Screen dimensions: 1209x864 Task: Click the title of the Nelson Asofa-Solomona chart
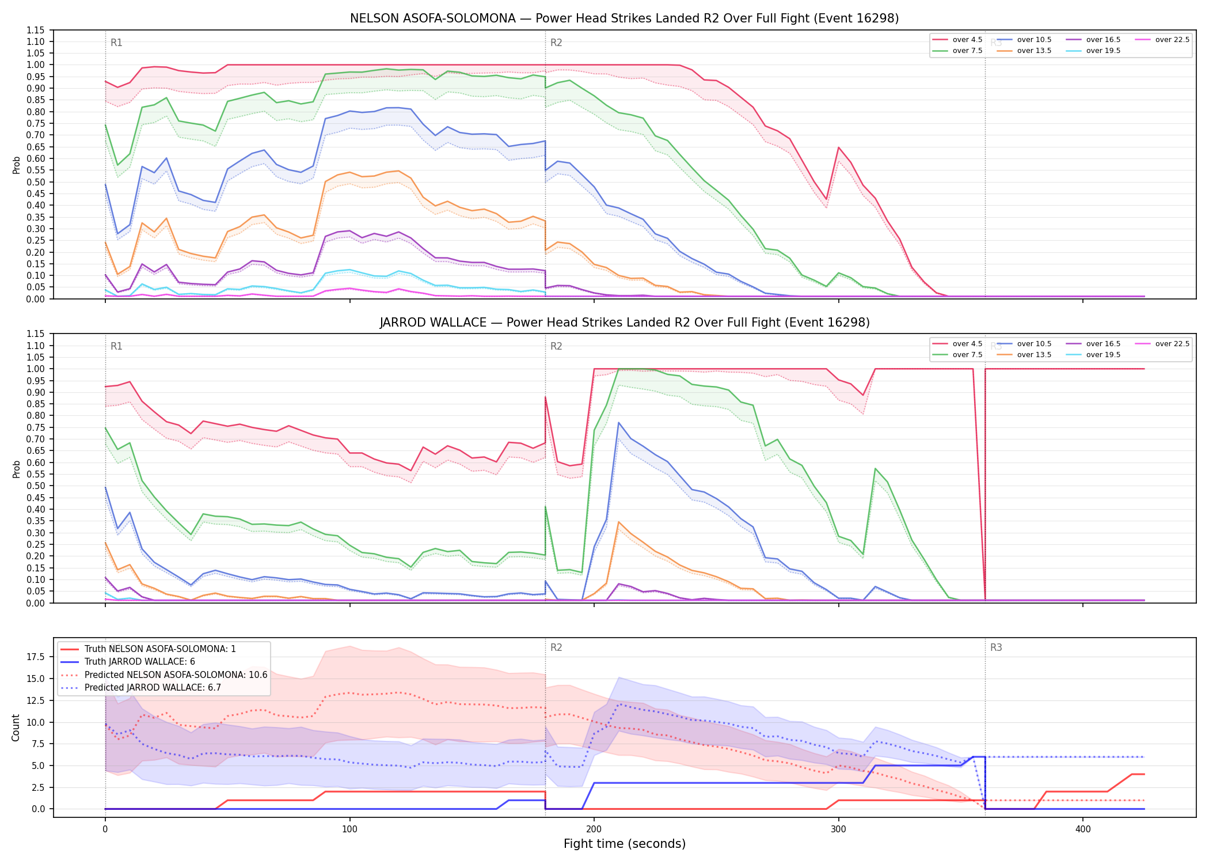(x=624, y=18)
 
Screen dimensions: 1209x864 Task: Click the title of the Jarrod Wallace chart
(x=624, y=323)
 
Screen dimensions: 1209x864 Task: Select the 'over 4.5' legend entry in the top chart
(x=957, y=40)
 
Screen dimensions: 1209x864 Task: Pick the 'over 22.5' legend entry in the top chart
(x=1162, y=40)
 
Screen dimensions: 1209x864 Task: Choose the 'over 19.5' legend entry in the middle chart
(x=1093, y=355)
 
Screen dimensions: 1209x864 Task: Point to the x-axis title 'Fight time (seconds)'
(x=625, y=844)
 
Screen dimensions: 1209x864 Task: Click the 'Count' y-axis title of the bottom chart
(x=16, y=727)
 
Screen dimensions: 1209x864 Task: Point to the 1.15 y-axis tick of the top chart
(x=35, y=30)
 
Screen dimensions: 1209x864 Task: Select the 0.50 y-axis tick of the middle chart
(x=35, y=486)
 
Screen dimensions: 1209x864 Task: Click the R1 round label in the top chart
(x=116, y=43)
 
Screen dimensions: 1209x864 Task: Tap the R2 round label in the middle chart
(x=556, y=346)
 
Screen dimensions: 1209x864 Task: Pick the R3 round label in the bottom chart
(x=996, y=647)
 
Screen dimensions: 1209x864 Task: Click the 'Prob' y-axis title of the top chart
(x=16, y=165)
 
